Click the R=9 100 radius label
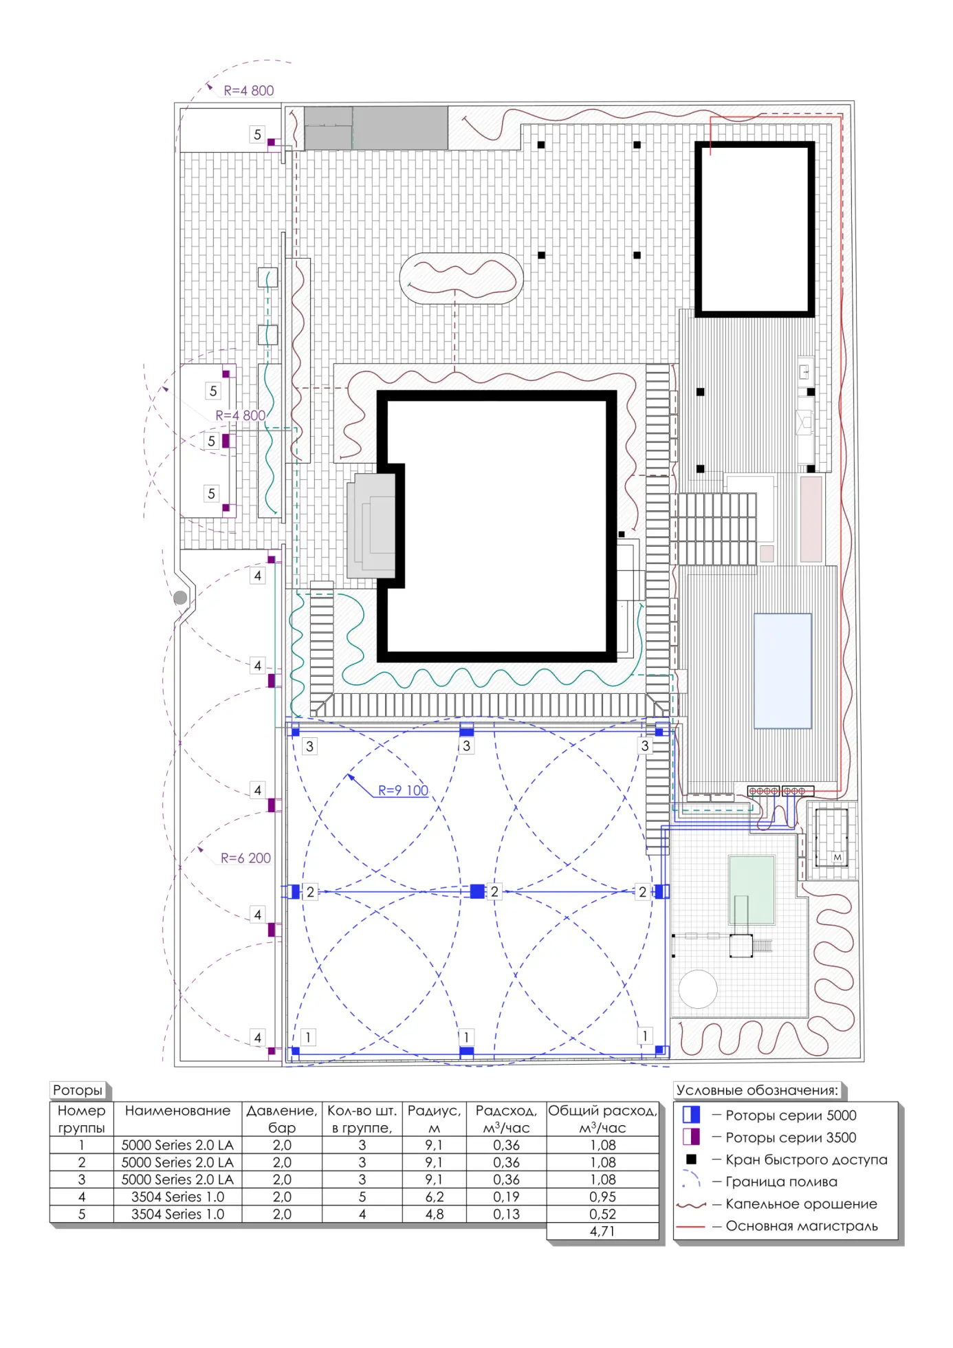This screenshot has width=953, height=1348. pos(403,790)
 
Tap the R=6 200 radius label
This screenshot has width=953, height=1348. pos(245,858)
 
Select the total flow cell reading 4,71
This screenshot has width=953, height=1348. pos(602,1231)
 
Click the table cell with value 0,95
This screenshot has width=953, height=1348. pos(602,1197)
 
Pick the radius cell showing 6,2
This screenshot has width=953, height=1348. pos(434,1197)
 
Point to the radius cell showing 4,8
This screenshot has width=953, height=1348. pos(434,1214)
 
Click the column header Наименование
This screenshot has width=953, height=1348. pos(177,1111)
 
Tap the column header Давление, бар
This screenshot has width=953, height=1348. pos(282,1119)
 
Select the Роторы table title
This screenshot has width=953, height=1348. pos(78,1090)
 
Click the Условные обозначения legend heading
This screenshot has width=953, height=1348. pos(757,1090)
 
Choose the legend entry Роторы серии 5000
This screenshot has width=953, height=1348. pos(791,1116)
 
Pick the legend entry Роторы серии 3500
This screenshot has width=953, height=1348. pos(791,1138)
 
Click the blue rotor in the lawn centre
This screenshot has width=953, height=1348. pos(477,891)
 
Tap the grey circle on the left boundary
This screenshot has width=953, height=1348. pos(180,598)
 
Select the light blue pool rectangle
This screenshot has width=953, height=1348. pos(782,671)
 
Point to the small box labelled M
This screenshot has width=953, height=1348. pos(837,858)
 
